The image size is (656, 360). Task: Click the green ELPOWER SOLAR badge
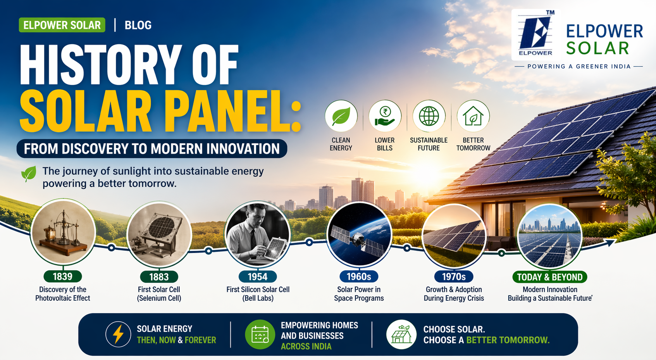[62, 25]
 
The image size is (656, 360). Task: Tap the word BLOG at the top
[138, 25]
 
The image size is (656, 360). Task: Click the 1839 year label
[62, 277]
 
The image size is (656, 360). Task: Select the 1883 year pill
[159, 277]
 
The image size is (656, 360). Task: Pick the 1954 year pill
[257, 277]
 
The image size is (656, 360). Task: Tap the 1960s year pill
[359, 277]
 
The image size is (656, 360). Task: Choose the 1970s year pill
[454, 277]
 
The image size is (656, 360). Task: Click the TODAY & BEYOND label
[550, 277]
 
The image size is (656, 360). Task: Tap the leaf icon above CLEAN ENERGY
[341, 116]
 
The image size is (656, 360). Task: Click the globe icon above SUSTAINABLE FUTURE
[429, 116]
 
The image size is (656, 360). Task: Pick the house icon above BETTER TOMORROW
[473, 116]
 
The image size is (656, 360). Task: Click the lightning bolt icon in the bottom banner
[118, 334]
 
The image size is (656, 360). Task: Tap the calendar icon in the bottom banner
[260, 334]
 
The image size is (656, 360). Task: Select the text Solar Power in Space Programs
[359, 294]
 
